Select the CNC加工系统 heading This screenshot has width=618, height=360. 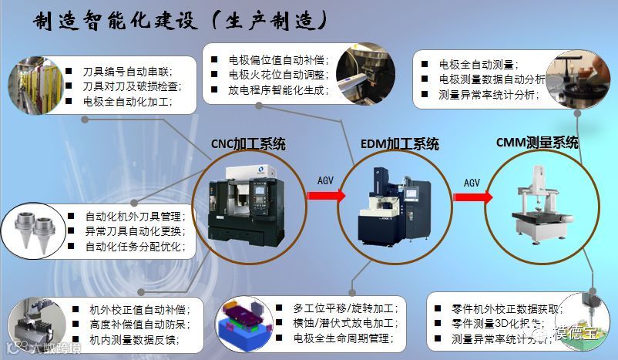248,143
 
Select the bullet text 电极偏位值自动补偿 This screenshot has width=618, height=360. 278,59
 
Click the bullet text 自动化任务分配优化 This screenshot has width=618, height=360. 136,247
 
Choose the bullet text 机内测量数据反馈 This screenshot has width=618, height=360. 139,338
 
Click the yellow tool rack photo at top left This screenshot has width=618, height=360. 32,86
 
